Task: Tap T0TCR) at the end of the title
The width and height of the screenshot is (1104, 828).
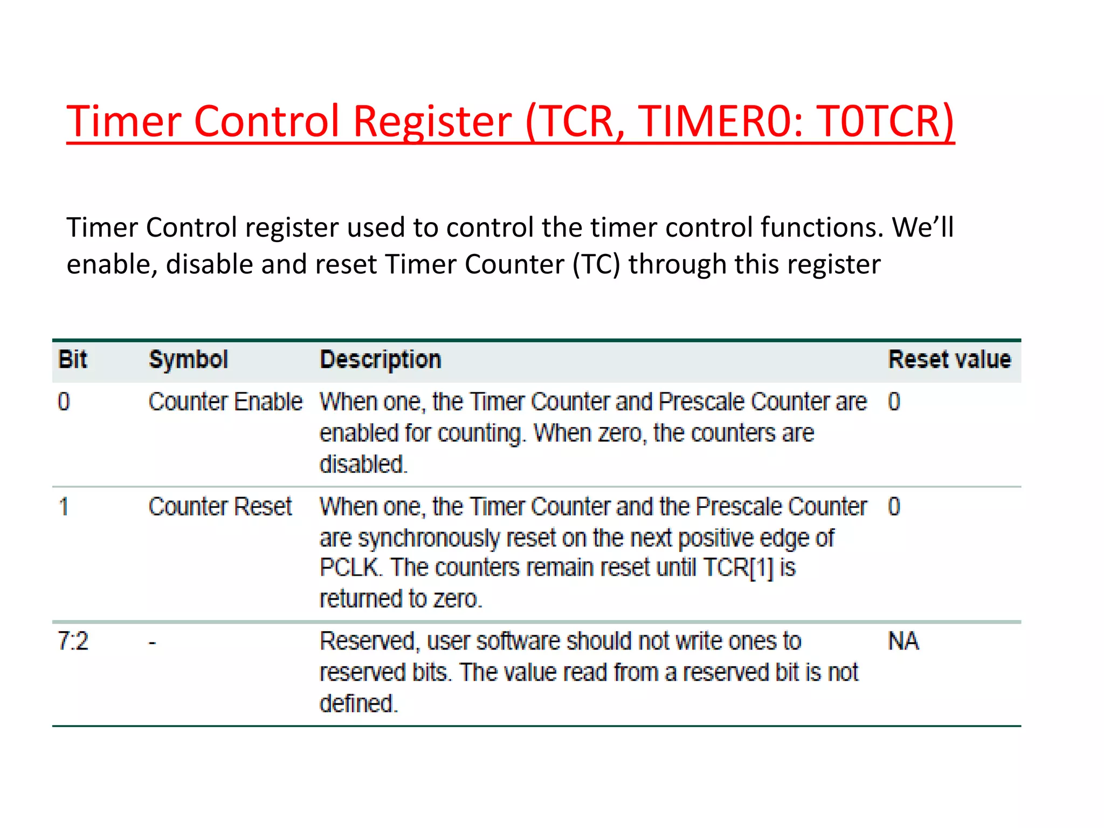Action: coord(885,121)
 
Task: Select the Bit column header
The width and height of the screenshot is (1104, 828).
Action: coord(72,360)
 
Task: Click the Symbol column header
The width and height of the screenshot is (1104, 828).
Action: coord(189,360)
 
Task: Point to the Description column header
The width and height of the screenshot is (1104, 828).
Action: coord(381,360)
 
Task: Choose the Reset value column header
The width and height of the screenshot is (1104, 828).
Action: coord(949,360)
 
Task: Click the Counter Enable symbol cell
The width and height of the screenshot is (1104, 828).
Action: coord(225,402)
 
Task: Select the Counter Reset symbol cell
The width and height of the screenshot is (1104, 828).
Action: coord(220,507)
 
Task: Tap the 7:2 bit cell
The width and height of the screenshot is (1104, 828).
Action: coord(73,641)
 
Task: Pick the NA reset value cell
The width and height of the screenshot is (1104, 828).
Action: coord(903,641)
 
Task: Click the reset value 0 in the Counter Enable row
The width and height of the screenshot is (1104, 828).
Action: coord(894,402)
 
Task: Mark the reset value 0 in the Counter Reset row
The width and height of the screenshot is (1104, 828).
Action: coord(894,507)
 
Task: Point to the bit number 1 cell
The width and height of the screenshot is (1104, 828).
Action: coord(64,507)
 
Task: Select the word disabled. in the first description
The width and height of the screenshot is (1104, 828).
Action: coord(363,464)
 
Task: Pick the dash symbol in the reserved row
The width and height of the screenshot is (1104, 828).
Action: coord(153,643)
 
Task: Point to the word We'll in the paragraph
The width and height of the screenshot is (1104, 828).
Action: coord(923,227)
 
